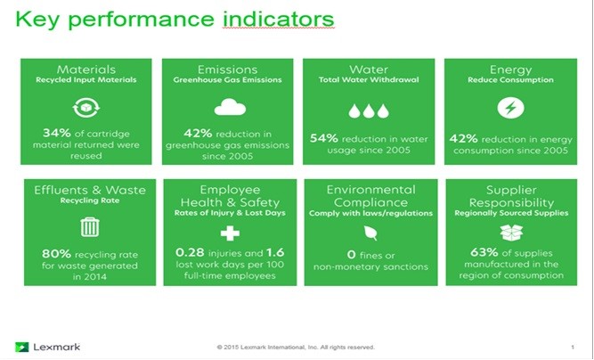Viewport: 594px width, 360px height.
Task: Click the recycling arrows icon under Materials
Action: click(x=86, y=108)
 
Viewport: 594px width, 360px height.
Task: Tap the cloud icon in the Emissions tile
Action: click(x=230, y=107)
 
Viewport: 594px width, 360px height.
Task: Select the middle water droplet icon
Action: click(x=369, y=111)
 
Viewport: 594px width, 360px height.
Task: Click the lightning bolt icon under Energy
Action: click(x=510, y=108)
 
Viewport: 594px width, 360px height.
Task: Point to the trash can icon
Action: click(x=90, y=227)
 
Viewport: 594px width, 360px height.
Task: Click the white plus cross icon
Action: click(x=230, y=233)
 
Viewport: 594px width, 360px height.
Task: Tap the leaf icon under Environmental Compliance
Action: click(x=370, y=233)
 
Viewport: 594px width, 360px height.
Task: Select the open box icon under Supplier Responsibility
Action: click(x=511, y=233)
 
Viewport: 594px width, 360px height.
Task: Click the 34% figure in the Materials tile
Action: click(x=57, y=133)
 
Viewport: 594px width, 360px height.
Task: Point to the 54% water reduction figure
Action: click(x=324, y=138)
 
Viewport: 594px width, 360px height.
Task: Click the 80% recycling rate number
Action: click(x=56, y=254)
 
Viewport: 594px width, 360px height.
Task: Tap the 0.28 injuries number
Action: click(x=190, y=252)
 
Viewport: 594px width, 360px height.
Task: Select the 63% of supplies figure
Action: click(x=484, y=252)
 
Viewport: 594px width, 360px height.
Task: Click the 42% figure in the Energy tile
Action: click(x=464, y=139)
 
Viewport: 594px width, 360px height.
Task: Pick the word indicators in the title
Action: click(x=279, y=19)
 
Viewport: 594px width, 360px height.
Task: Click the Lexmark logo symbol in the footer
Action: click(x=21, y=347)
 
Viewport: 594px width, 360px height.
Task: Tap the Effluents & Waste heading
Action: click(x=90, y=190)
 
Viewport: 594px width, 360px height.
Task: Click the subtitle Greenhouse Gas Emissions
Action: click(x=227, y=80)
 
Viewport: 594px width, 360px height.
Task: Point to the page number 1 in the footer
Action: click(x=573, y=348)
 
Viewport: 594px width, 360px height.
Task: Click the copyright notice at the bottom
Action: click(x=296, y=348)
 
